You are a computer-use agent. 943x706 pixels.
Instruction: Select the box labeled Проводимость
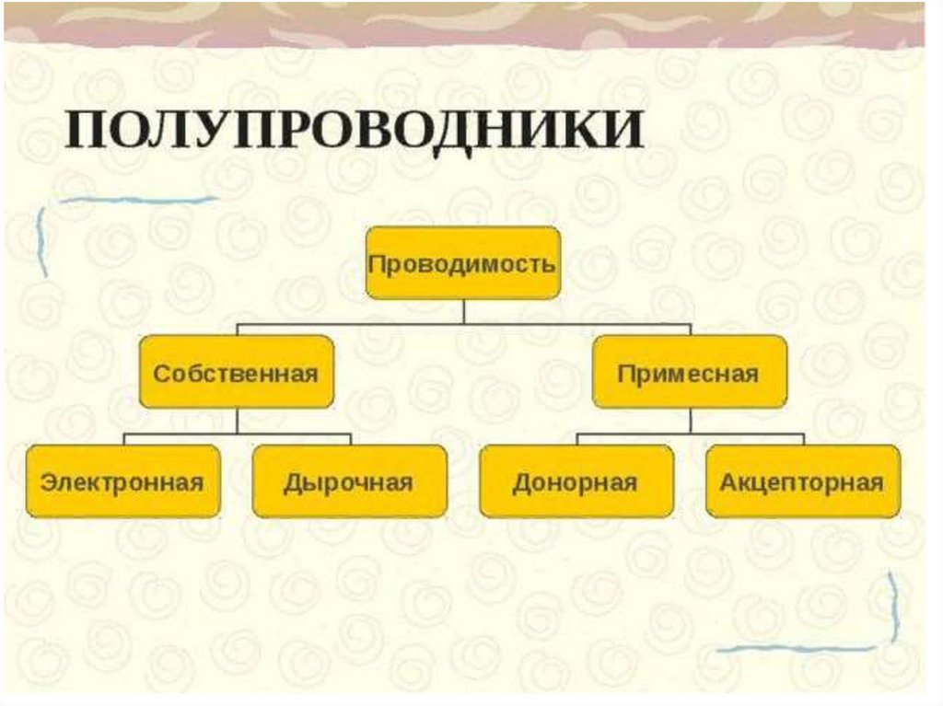[462, 263]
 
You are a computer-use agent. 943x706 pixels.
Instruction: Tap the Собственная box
[236, 372]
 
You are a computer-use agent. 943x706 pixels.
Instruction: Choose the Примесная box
[689, 372]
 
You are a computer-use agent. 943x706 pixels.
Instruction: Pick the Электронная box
[122, 481]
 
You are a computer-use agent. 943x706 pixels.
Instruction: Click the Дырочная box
[349, 481]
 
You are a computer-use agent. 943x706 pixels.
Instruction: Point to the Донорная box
[576, 481]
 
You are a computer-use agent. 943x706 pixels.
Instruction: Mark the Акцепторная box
[802, 481]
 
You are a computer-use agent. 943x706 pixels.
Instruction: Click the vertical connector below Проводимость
[463, 311]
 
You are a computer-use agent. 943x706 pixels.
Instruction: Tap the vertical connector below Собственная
[237, 421]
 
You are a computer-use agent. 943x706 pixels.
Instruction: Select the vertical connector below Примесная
[690, 421]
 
